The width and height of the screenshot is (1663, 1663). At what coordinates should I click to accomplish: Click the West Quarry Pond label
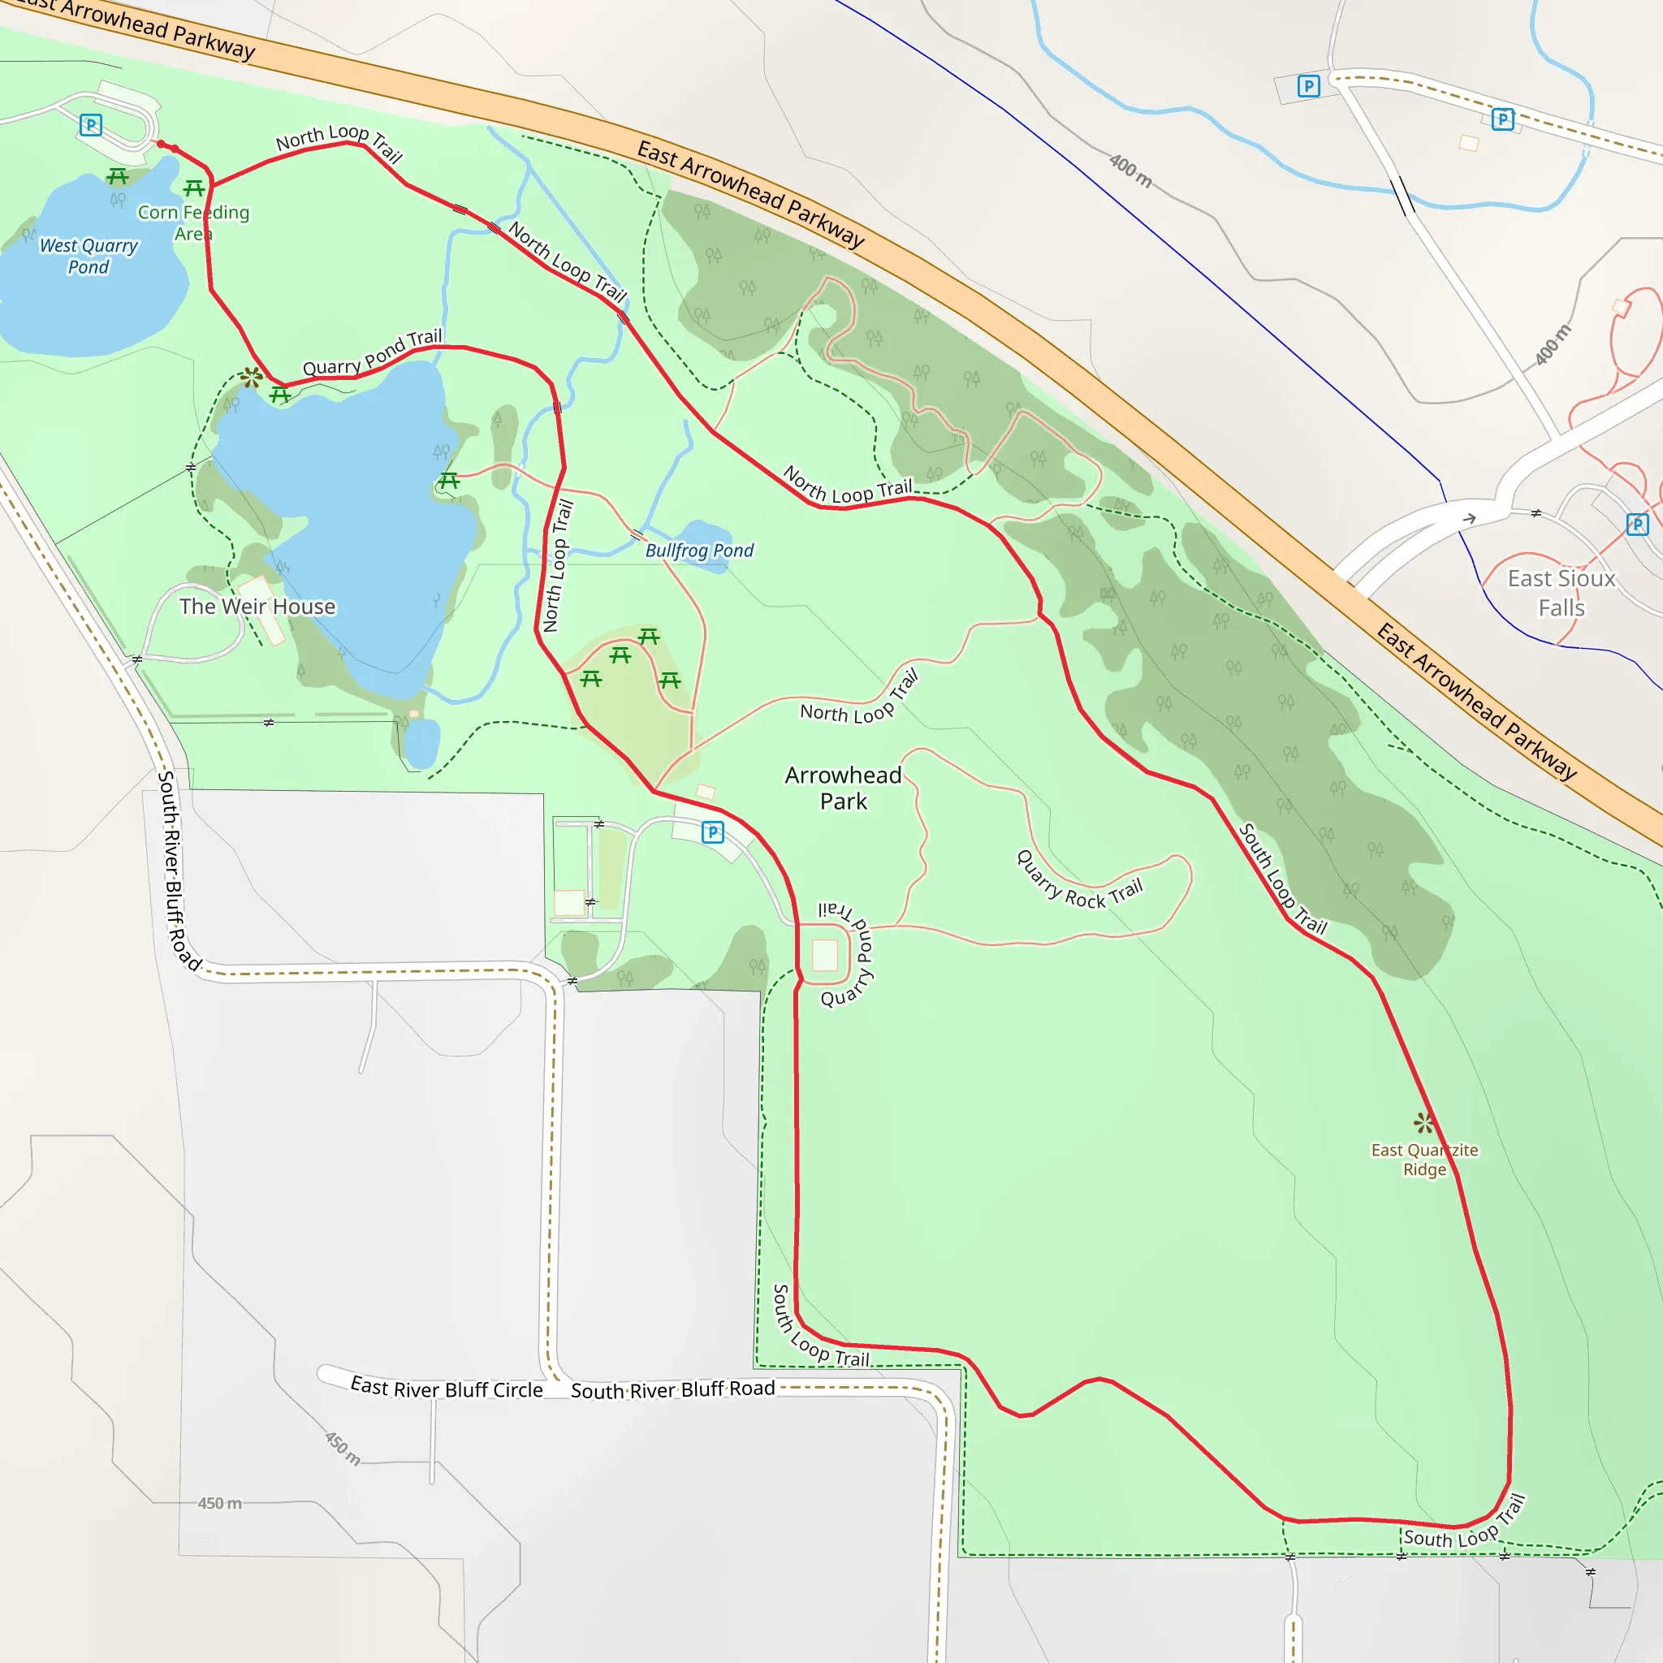tap(89, 257)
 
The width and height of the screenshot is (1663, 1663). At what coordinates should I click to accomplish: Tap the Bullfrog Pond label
tap(699, 551)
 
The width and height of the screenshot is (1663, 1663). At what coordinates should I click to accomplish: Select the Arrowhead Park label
tap(843, 788)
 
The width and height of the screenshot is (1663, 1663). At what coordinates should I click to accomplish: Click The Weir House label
tap(257, 607)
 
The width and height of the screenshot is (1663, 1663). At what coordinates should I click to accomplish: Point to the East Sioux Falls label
tap(1561, 593)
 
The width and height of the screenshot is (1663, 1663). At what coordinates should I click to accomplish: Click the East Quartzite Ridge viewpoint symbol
tap(1423, 1122)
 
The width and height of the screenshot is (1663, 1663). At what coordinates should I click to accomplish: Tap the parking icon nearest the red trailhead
tap(90, 126)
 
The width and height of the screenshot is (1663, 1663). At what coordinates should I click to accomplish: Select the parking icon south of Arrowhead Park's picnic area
tap(713, 832)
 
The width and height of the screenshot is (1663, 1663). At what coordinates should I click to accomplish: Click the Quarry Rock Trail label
tap(1079, 883)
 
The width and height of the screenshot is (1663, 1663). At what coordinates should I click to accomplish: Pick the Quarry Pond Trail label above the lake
tap(373, 353)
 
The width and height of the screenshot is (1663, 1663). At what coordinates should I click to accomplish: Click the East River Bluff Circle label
tap(447, 1389)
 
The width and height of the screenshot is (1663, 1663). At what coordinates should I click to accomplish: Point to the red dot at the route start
tap(161, 145)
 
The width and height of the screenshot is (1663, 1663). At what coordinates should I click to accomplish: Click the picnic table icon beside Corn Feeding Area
tap(194, 188)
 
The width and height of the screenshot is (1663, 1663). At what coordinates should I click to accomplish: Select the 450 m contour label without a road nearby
tap(219, 1504)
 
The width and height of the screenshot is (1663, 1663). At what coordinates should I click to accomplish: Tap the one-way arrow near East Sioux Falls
tap(1469, 518)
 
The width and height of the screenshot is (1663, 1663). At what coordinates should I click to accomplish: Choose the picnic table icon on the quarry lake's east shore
tap(448, 482)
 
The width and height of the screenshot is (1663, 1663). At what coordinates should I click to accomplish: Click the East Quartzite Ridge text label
tap(1424, 1160)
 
